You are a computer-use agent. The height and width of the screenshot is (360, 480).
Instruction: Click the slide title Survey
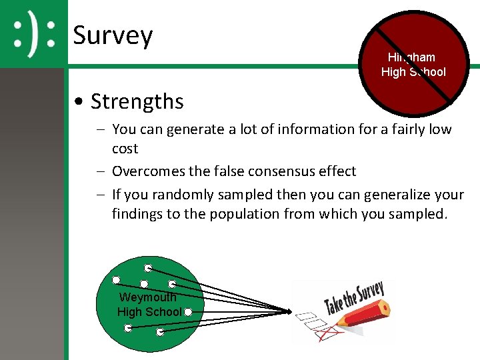click(113, 35)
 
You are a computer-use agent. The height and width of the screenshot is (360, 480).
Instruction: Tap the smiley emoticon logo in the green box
click(34, 34)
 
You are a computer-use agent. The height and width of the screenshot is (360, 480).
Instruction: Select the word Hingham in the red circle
click(411, 57)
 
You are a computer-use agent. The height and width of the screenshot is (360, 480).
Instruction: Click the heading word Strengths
click(137, 101)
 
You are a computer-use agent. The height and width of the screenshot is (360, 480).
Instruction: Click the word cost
click(125, 148)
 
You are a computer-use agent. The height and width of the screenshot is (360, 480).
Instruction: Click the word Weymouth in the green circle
click(147, 297)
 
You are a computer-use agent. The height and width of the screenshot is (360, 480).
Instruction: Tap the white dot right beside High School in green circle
click(188, 312)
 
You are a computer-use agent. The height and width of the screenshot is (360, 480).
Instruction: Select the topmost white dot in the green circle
click(148, 268)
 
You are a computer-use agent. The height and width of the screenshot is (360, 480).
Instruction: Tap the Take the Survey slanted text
click(353, 298)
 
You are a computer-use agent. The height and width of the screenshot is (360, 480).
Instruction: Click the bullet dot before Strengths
click(79, 102)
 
